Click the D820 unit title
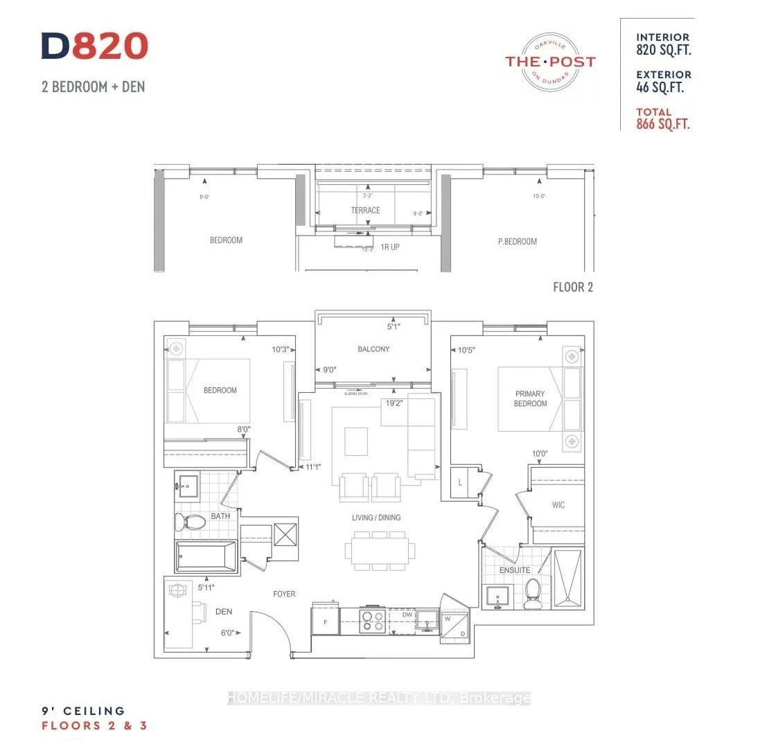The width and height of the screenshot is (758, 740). click(x=95, y=46)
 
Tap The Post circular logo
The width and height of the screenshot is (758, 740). click(x=550, y=62)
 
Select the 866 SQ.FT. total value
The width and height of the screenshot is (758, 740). click(x=663, y=125)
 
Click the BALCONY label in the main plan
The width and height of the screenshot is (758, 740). click(x=373, y=349)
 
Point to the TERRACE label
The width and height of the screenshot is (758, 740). click(x=365, y=211)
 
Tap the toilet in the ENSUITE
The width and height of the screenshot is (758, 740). click(x=533, y=594)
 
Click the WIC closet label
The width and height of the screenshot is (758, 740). click(x=558, y=505)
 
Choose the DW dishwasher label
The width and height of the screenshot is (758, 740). click(x=407, y=614)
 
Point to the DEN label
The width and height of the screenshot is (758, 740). click(x=223, y=612)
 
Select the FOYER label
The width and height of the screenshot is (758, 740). click(x=284, y=594)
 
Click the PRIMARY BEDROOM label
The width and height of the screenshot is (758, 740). click(x=530, y=398)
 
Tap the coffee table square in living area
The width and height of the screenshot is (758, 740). click(x=356, y=441)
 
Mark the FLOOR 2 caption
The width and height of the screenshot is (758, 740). click(x=572, y=287)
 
